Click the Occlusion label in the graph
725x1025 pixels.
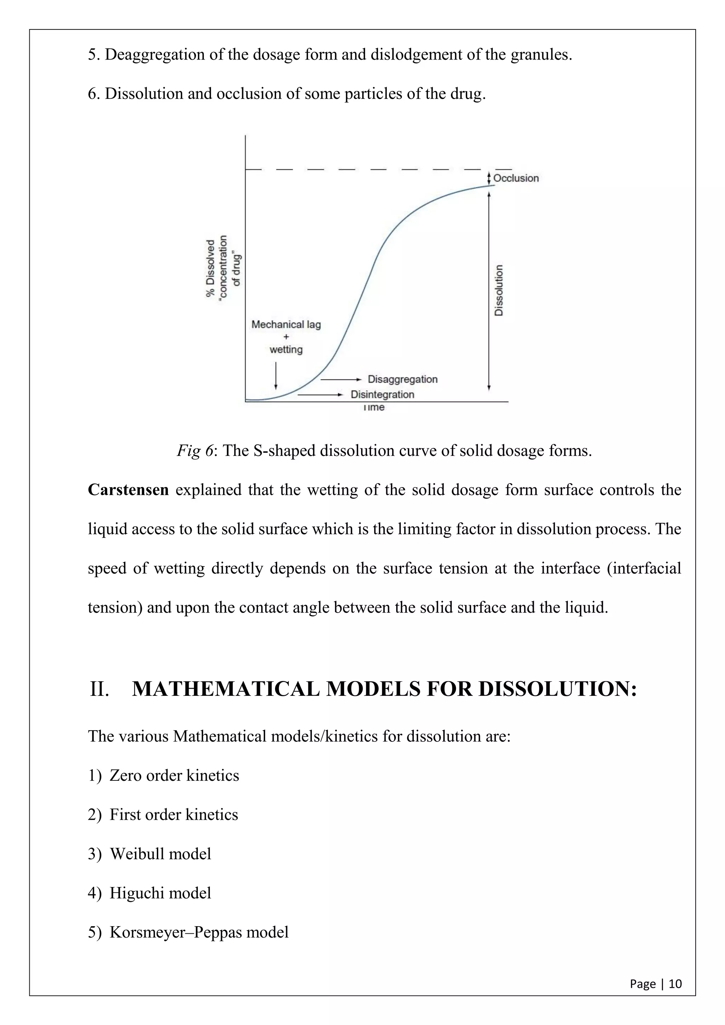click(516, 178)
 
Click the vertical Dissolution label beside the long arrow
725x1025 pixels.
click(499, 291)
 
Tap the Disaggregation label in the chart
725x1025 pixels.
click(402, 379)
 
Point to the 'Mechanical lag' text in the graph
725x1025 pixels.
click(286, 325)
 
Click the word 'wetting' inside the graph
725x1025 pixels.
click(286, 350)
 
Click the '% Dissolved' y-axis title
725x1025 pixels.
click(210, 268)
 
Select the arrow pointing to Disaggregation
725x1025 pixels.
click(341, 379)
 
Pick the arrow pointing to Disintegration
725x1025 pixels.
click(320, 395)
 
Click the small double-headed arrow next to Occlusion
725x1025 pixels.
click(489, 178)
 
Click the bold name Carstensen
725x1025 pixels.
click(128, 490)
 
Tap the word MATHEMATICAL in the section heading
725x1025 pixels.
click(226, 689)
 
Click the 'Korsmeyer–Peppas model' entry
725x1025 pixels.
click(199, 932)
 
